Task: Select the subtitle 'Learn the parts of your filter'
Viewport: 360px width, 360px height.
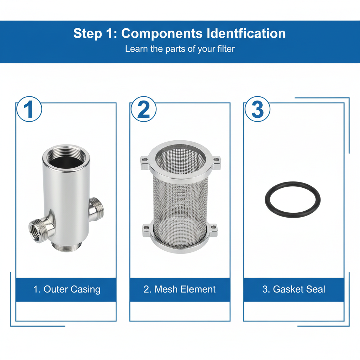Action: coord(180,49)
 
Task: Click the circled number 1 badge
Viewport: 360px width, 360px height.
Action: coord(29,109)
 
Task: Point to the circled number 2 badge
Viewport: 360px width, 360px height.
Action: coord(143,109)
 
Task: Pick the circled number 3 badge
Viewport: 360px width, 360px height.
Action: coord(257,109)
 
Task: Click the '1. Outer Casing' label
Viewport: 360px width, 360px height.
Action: coord(66,289)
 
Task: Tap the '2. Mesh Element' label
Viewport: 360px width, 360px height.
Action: coord(180,289)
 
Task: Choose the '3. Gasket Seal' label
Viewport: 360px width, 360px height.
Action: coord(294,289)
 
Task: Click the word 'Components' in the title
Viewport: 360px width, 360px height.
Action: coord(162,34)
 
